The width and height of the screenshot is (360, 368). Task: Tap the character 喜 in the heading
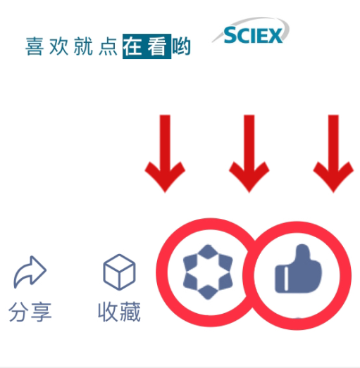coord(35,46)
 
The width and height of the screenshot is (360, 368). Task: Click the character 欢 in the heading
coord(58,46)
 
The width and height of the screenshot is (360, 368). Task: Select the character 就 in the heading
coord(83,46)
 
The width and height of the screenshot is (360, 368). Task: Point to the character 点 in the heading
coord(108,46)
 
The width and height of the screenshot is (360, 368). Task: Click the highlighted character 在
coord(132,46)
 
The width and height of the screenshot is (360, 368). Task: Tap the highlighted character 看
coord(157,46)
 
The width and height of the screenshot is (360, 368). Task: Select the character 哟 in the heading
coord(181,46)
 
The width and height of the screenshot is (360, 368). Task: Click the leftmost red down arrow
coord(165,153)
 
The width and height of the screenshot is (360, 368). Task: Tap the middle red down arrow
coord(249,153)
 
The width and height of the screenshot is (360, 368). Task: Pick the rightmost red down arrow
coord(333,153)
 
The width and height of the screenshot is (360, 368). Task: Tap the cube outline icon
coord(119,272)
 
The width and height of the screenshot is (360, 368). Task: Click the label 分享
coord(30,312)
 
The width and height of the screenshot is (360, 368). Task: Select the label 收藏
coord(119,312)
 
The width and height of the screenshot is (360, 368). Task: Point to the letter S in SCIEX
coord(230,34)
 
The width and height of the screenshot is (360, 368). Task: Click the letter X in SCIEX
coord(275,36)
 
